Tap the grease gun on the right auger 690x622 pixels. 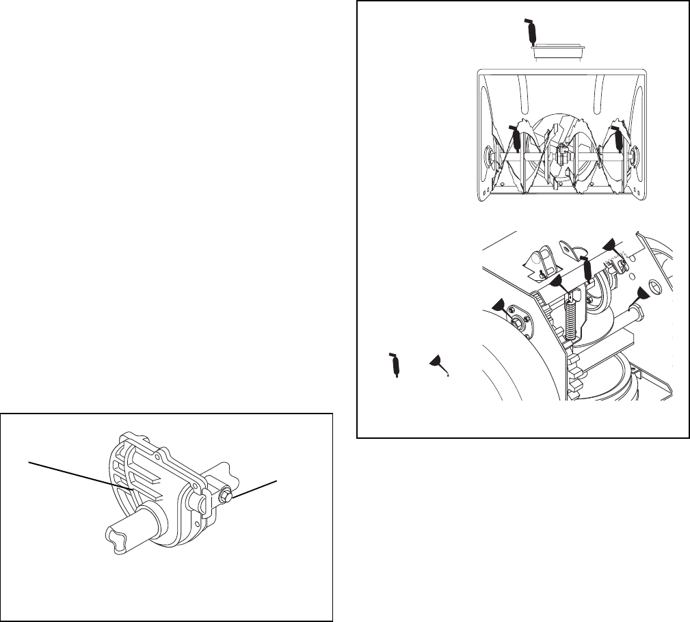pyautogui.click(x=618, y=139)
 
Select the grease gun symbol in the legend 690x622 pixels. pyautogui.click(x=394, y=365)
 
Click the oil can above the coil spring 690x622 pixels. pyautogui.click(x=557, y=282)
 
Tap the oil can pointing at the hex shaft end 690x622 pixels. pyautogui.click(x=641, y=295)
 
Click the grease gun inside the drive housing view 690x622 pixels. pyautogui.click(x=588, y=269)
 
